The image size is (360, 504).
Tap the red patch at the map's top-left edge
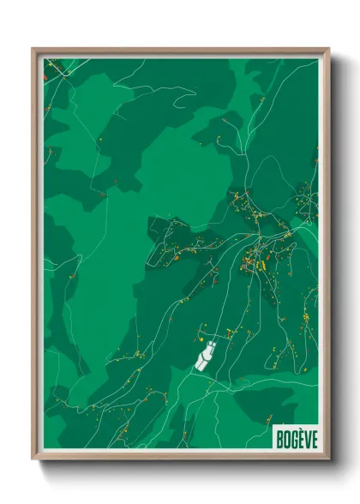tap(45, 75)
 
